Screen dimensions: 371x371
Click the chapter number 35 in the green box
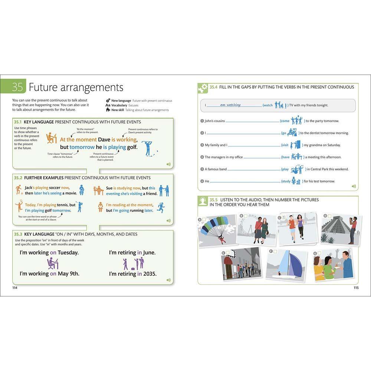pos(17,88)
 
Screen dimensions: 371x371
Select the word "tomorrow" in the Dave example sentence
pos(82,147)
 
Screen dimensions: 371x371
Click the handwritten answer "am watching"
pos(230,105)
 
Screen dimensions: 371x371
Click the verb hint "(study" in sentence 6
pos(286,181)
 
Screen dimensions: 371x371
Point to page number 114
pos(15,288)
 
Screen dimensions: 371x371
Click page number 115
pos(355,288)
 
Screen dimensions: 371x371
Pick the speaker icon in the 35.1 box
pos(168,164)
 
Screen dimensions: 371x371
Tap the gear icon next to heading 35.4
pos(203,88)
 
